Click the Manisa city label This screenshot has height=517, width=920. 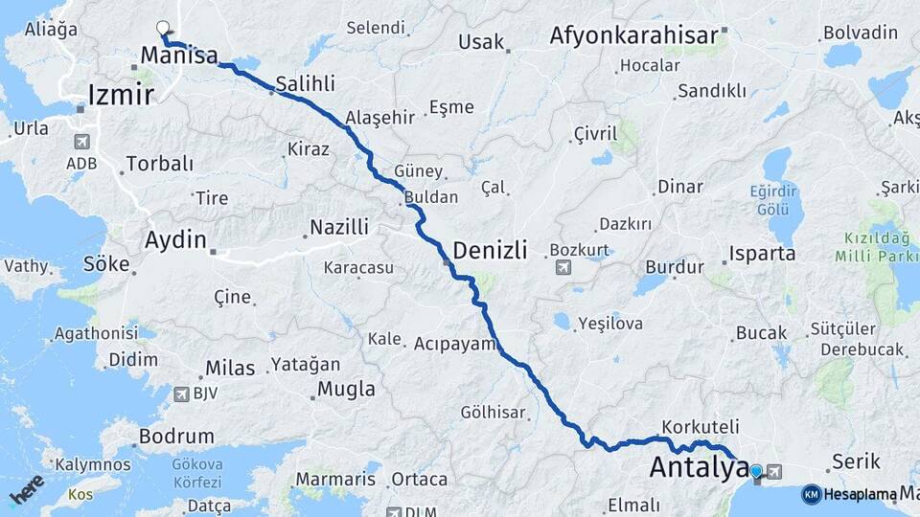click(179, 56)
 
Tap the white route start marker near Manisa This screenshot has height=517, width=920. click(163, 29)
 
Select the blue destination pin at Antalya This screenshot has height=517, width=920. click(756, 471)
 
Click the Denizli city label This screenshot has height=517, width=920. click(490, 251)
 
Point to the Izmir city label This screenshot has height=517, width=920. click(121, 95)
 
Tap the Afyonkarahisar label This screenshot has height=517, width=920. click(633, 36)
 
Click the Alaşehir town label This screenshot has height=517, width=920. click(379, 118)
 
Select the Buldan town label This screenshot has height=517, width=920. click(431, 197)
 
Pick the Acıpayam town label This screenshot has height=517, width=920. click(455, 343)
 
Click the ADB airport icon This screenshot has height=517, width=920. click(81, 142)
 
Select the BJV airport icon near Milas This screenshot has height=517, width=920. click(182, 393)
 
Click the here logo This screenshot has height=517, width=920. click(28, 488)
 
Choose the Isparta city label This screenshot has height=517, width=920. click(763, 255)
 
